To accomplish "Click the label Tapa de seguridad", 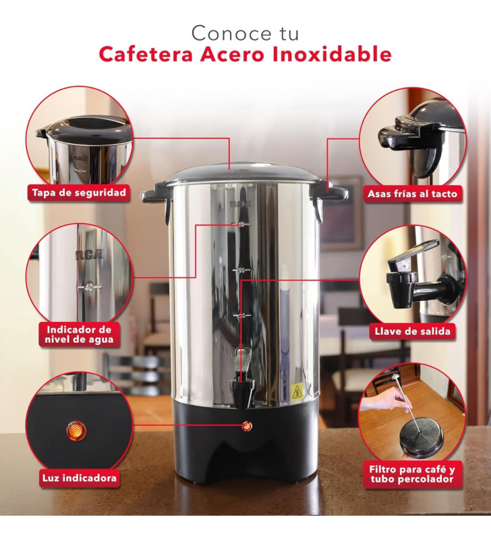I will pyautogui.click(x=79, y=193).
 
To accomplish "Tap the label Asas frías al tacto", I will pyautogui.click(x=412, y=194).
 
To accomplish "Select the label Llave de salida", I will pyautogui.click(x=412, y=331).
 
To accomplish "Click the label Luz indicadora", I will pyautogui.click(x=78, y=479).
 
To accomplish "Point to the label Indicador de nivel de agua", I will pyautogui.click(x=80, y=334).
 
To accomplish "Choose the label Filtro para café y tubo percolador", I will pyautogui.click(x=412, y=475).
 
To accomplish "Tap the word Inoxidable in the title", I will pyautogui.click(x=333, y=55).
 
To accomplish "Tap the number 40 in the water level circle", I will pyautogui.click(x=88, y=287).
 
